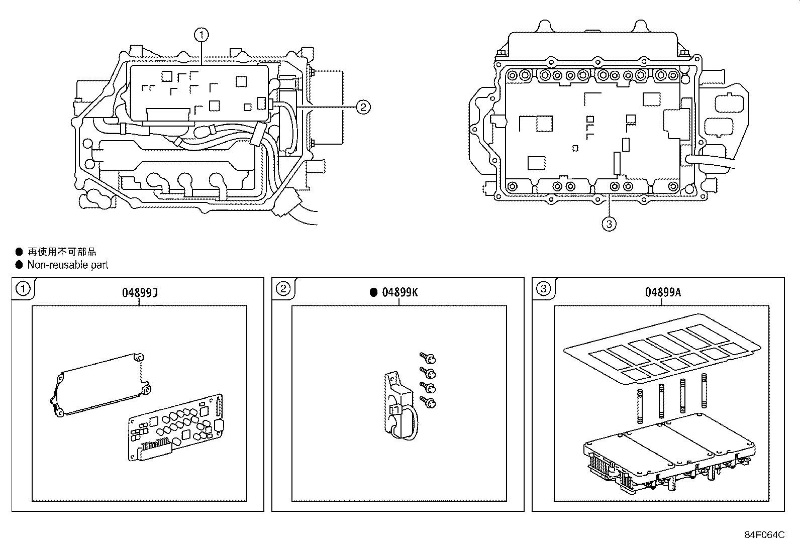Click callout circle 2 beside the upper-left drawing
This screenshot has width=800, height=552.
coord(363,106)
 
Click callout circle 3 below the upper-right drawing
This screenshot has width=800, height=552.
coord(609,224)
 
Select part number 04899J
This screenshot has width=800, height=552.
coord(140,292)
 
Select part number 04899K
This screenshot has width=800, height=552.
coord(399,292)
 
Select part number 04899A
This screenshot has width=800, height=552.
coord(663,292)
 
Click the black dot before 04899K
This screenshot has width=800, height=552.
coord(373,292)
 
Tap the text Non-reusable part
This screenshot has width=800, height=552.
coord(67,265)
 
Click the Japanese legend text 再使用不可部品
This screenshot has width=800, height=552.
coord(61,252)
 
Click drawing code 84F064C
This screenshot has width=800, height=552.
coord(764,535)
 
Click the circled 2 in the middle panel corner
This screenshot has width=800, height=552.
coord(283,289)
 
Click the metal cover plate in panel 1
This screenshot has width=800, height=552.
coord(101,384)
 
